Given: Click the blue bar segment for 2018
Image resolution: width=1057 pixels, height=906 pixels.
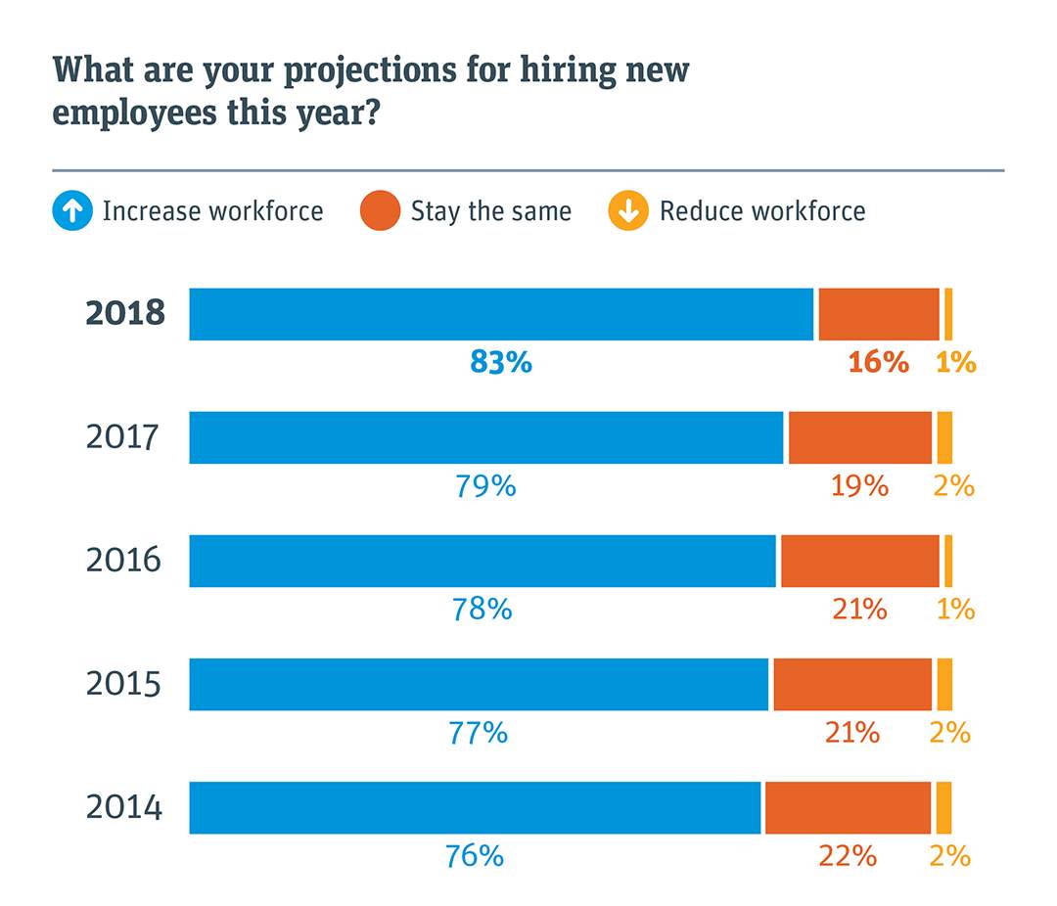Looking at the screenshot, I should click(x=501, y=314).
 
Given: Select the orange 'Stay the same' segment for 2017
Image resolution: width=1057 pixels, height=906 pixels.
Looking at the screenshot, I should click(x=860, y=437).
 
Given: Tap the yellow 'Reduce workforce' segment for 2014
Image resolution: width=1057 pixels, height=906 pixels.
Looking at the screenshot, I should click(x=943, y=807).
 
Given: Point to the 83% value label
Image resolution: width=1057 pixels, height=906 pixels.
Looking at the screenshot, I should click(x=501, y=362).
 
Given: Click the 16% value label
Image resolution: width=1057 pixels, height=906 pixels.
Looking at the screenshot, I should click(x=878, y=362).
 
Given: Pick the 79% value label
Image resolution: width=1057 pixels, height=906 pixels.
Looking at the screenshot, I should click(x=485, y=485).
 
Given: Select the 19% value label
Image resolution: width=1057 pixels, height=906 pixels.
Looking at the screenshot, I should click(x=859, y=485).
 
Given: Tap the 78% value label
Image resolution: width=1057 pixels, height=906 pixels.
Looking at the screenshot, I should click(x=482, y=609).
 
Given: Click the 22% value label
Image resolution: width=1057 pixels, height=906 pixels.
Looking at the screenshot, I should click(x=848, y=856).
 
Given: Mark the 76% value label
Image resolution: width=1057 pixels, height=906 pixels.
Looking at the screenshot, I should click(x=475, y=856).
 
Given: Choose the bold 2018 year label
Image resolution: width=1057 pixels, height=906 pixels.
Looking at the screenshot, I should click(x=125, y=314).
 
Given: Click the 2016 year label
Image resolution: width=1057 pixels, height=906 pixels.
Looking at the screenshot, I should click(x=123, y=561).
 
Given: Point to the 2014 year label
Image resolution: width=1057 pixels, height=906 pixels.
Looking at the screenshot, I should click(x=123, y=808).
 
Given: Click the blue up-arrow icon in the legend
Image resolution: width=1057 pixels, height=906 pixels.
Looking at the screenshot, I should click(x=72, y=211).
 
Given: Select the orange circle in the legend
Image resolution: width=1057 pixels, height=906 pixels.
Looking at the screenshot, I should click(x=381, y=211).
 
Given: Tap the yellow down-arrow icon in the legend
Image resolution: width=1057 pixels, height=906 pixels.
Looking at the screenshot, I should click(x=628, y=211).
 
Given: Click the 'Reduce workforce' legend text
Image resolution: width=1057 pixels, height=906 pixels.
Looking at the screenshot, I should click(x=762, y=211).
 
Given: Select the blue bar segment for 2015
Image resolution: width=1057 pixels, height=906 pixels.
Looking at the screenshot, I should click(x=479, y=684).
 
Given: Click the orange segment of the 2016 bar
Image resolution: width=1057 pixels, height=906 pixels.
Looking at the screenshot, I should click(x=859, y=561).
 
